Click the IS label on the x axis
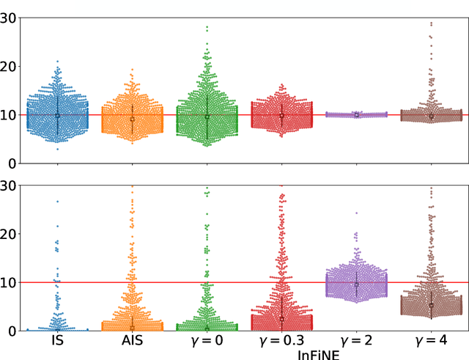(x=57, y=341)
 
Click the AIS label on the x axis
(x=132, y=341)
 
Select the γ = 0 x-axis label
(x=207, y=341)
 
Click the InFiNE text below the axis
(x=319, y=353)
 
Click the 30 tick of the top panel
(x=9, y=18)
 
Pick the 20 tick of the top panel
(x=9, y=66)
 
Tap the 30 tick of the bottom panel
(x=9, y=185)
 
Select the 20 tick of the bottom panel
(x=9, y=234)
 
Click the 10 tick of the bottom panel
(x=9, y=282)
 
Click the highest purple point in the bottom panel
(x=356, y=213)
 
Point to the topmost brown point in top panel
(x=431, y=23)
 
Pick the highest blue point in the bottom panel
(x=57, y=201)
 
